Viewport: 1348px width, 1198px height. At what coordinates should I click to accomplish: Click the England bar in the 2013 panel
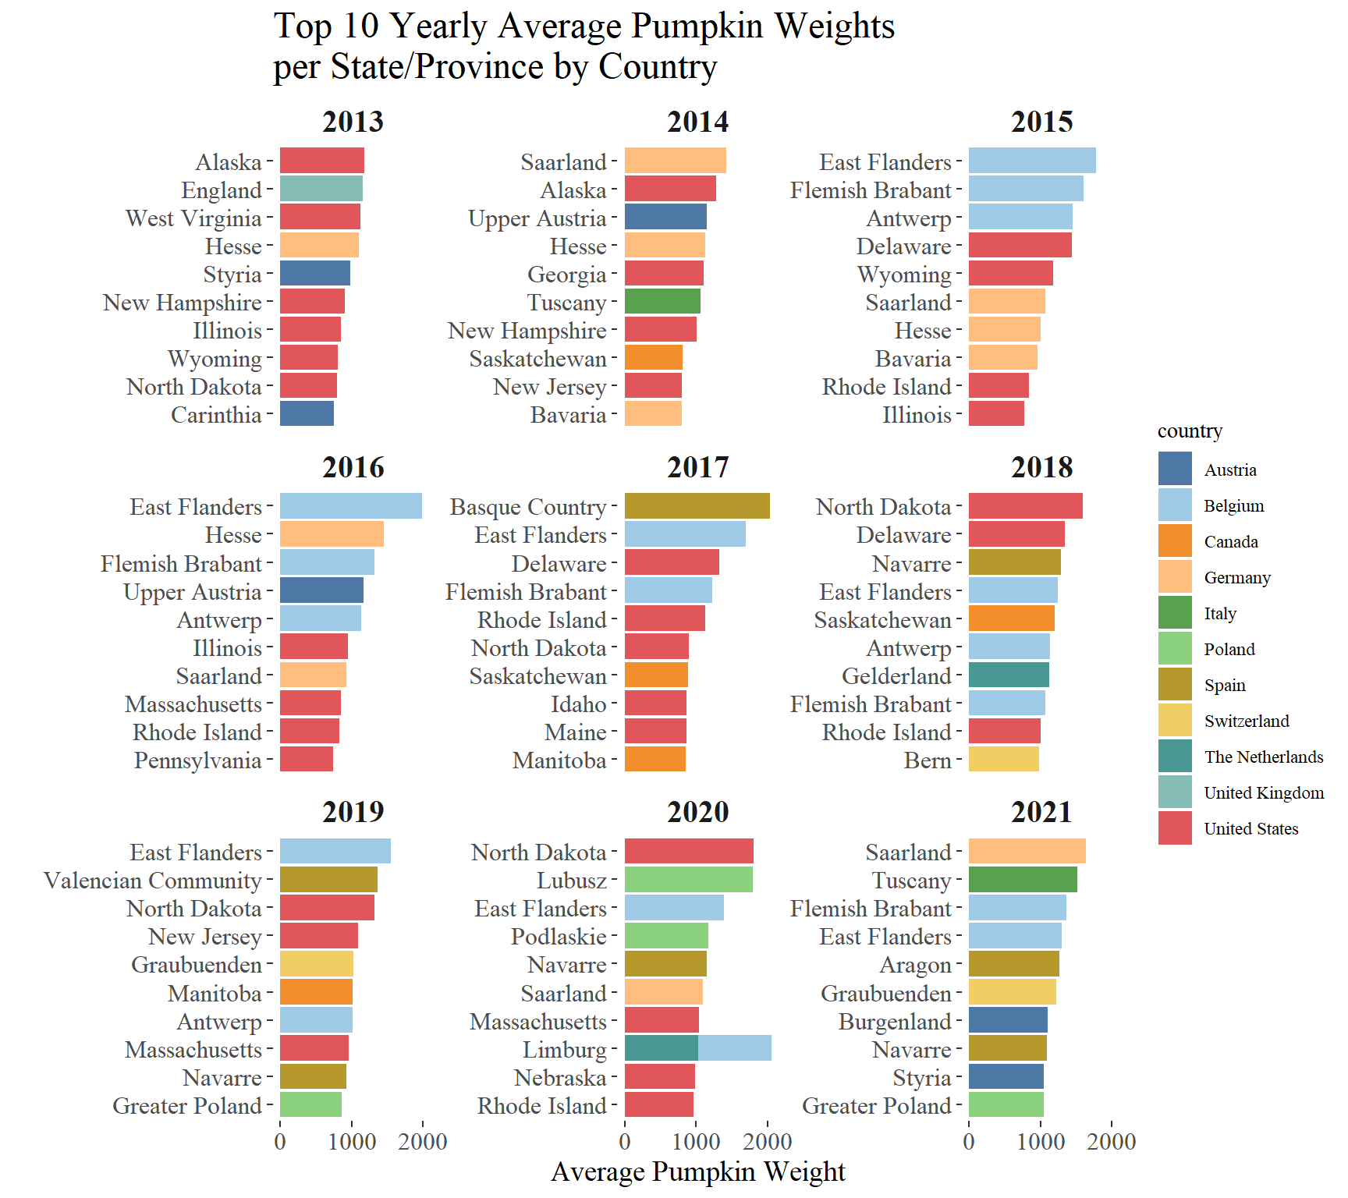tap(321, 190)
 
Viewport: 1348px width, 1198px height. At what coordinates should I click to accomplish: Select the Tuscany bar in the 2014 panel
tap(662, 302)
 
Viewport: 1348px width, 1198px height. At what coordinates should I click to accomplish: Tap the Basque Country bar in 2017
tap(697, 506)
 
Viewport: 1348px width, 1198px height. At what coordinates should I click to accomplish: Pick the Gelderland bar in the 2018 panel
tap(1009, 675)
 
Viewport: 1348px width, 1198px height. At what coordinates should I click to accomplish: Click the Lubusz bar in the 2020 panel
tap(688, 880)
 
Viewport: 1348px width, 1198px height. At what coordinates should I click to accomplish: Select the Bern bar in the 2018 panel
tap(1003, 760)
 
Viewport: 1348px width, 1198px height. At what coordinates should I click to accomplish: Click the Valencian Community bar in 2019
tap(328, 880)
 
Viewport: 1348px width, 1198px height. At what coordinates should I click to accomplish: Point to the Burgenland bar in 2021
tap(1008, 1021)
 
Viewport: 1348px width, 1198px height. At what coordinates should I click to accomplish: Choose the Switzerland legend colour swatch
tap(1175, 721)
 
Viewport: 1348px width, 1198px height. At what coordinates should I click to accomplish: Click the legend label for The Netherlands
tap(1263, 757)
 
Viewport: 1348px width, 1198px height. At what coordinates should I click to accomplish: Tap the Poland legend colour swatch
tap(1175, 649)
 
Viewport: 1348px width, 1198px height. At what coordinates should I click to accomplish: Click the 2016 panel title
tap(353, 467)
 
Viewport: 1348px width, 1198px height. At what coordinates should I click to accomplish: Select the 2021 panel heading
tap(1041, 812)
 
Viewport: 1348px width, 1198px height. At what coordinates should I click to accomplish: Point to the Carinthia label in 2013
tap(216, 414)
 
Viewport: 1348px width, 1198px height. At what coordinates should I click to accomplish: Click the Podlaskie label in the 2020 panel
tap(559, 936)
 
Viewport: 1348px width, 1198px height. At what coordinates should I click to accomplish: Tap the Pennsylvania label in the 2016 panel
tap(197, 760)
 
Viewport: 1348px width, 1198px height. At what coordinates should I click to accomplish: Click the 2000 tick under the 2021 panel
tap(1112, 1142)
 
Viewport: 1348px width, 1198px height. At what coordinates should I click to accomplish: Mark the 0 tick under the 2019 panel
tap(280, 1142)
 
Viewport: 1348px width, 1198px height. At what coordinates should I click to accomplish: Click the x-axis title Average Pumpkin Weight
tap(697, 1171)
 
